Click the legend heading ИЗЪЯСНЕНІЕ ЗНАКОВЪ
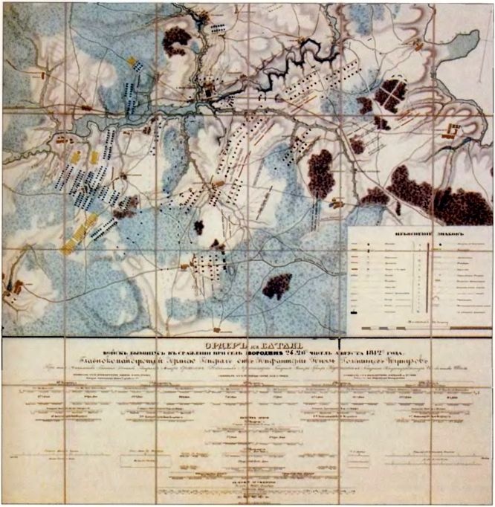(x=421, y=230)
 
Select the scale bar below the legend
(x=419, y=326)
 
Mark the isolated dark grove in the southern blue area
(x=276, y=285)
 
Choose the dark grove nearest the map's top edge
(x=177, y=39)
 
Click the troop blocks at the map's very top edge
(x=218, y=28)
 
